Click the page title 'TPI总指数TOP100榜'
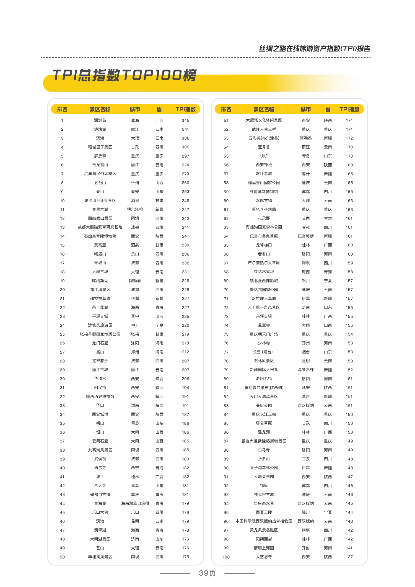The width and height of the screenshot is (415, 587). pyautogui.click(x=124, y=75)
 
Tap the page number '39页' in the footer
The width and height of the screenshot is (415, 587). pyautogui.click(x=207, y=573)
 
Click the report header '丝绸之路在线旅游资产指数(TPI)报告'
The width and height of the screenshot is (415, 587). pyautogui.click(x=314, y=49)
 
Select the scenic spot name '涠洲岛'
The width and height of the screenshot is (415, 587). pyautogui.click(x=100, y=120)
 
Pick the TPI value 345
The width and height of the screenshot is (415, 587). pyautogui.click(x=185, y=120)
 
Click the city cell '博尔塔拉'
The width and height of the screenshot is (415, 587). pyautogui.click(x=135, y=210)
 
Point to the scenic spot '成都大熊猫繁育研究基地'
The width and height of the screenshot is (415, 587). pyautogui.click(x=100, y=227)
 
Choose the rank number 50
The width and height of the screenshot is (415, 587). pyautogui.click(x=62, y=557)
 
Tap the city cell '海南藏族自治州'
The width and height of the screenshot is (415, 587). pyautogui.click(x=135, y=503)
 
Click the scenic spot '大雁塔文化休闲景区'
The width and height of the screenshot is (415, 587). pyautogui.click(x=264, y=120)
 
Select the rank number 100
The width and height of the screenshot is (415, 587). pyautogui.click(x=226, y=557)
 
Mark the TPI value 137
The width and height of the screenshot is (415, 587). pyautogui.click(x=349, y=557)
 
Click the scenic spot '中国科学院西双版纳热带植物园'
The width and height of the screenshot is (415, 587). pyautogui.click(x=264, y=521)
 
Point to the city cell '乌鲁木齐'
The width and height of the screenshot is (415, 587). pyautogui.click(x=306, y=370)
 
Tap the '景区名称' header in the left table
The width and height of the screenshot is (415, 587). pyautogui.click(x=100, y=109)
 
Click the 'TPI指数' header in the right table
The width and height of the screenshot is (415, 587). pyautogui.click(x=349, y=109)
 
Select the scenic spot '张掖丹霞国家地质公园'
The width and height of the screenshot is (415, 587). pyautogui.click(x=100, y=334)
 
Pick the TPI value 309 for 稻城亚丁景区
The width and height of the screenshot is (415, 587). pyautogui.click(x=185, y=147)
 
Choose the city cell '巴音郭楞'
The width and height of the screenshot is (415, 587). pyautogui.click(x=306, y=236)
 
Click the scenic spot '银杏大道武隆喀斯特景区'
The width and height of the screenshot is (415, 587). pyautogui.click(x=264, y=441)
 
